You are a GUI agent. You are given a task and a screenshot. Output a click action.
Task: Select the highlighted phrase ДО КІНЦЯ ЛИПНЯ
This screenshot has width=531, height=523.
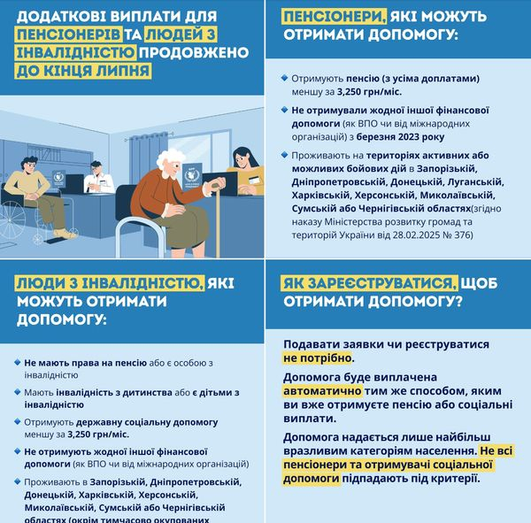click(x=71, y=73)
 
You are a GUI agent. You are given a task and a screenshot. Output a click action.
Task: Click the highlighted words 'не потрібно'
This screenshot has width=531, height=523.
click(x=318, y=358)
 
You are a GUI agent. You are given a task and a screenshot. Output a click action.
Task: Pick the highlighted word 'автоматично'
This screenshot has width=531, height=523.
click(x=322, y=388)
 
